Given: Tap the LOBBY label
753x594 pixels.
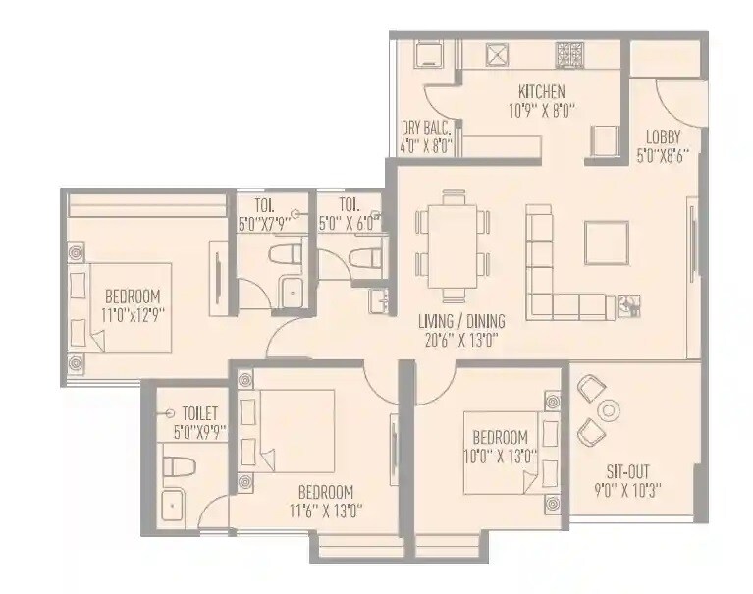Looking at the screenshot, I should pos(659,136).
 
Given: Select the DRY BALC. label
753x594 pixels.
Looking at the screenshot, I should pos(426,129).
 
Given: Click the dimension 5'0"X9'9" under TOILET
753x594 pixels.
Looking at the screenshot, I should pos(199,431).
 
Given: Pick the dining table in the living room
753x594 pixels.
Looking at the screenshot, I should pos(452,243).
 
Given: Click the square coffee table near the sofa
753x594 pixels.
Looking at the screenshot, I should pos(606,242).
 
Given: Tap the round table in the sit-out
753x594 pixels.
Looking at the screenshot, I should pos(610,410).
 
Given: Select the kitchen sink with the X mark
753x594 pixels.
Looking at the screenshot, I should pos(498,54).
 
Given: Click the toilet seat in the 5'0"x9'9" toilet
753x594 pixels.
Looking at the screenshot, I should pos(178,466).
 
